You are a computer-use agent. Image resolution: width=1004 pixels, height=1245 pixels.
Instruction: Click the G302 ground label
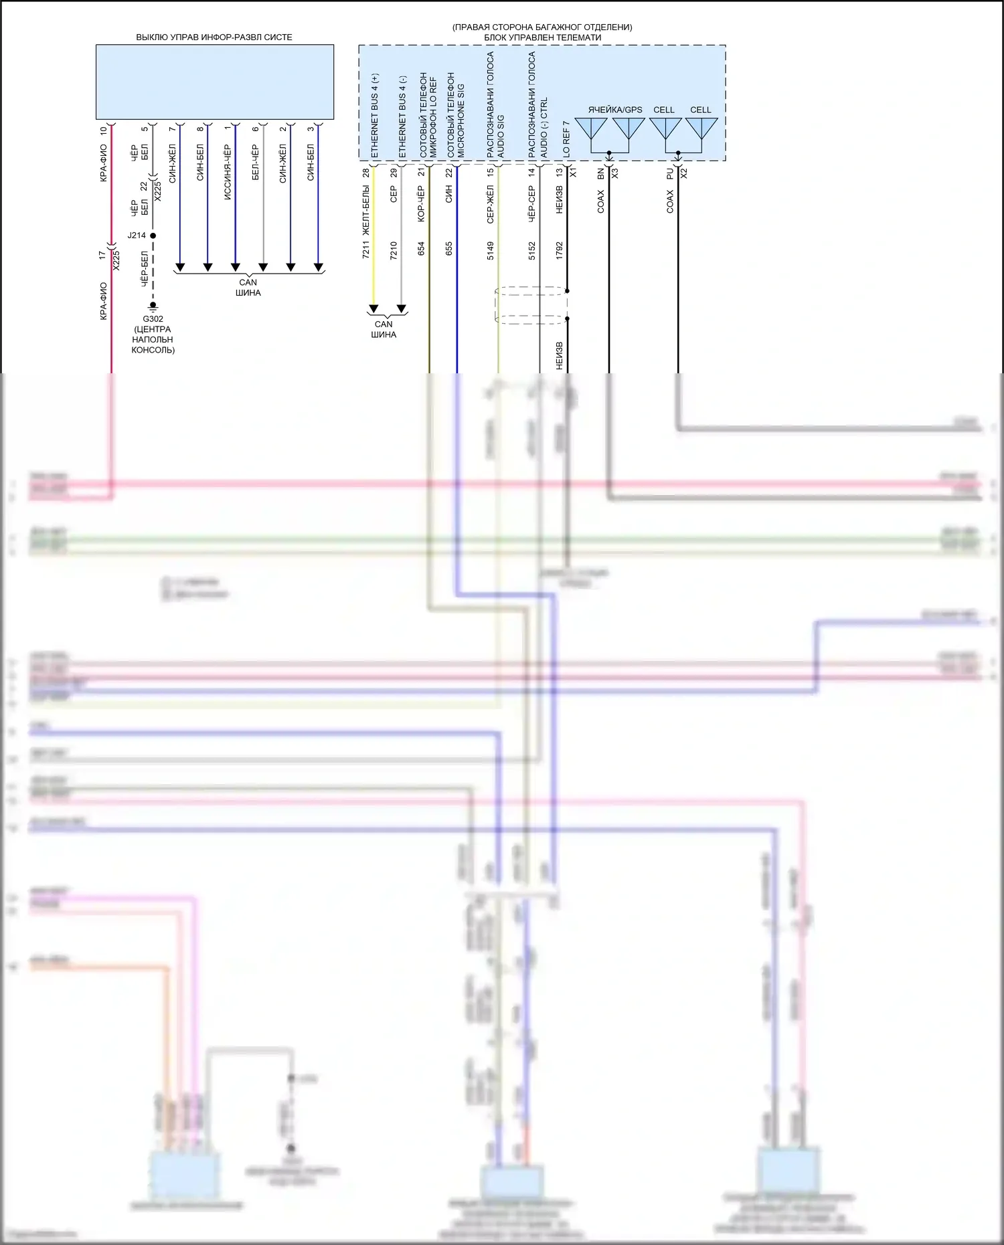pyautogui.click(x=153, y=319)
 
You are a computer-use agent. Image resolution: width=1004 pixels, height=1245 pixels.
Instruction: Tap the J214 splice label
pyautogui.click(x=137, y=235)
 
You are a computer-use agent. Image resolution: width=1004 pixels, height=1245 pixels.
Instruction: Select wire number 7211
pyautogui.click(x=365, y=250)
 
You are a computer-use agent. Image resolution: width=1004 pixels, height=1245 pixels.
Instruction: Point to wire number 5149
pyautogui.click(x=491, y=250)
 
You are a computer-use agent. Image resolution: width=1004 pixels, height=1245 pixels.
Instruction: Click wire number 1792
pyautogui.click(x=560, y=250)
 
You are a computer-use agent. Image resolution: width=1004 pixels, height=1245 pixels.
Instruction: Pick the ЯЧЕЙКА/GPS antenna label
pyautogui.click(x=614, y=110)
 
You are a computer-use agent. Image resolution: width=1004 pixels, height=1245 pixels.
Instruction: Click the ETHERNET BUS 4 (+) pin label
pyautogui.click(x=374, y=116)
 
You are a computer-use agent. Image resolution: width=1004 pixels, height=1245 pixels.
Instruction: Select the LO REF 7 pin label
pyautogui.click(x=566, y=139)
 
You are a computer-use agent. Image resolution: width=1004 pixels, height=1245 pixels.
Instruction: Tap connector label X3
pyautogui.click(x=615, y=173)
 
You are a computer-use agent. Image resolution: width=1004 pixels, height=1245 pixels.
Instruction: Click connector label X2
pyautogui.click(x=684, y=173)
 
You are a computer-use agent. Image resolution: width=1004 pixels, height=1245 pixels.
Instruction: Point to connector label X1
pyautogui.click(x=573, y=173)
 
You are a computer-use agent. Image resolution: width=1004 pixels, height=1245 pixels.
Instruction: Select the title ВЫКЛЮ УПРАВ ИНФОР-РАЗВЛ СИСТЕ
pyautogui.click(x=214, y=37)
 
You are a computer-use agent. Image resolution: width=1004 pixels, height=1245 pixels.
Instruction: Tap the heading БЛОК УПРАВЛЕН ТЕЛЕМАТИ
pyautogui.click(x=542, y=37)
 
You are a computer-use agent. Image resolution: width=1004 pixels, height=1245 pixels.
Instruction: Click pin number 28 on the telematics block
pyautogui.click(x=366, y=173)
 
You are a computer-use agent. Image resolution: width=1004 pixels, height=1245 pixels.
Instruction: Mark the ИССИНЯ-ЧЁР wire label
pyautogui.click(x=228, y=163)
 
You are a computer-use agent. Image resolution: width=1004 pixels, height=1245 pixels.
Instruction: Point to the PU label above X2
pyautogui.click(x=670, y=173)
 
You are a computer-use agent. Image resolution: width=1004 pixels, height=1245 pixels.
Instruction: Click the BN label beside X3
pyautogui.click(x=601, y=173)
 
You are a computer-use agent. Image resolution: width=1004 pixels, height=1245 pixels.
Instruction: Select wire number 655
pyautogui.click(x=449, y=248)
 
